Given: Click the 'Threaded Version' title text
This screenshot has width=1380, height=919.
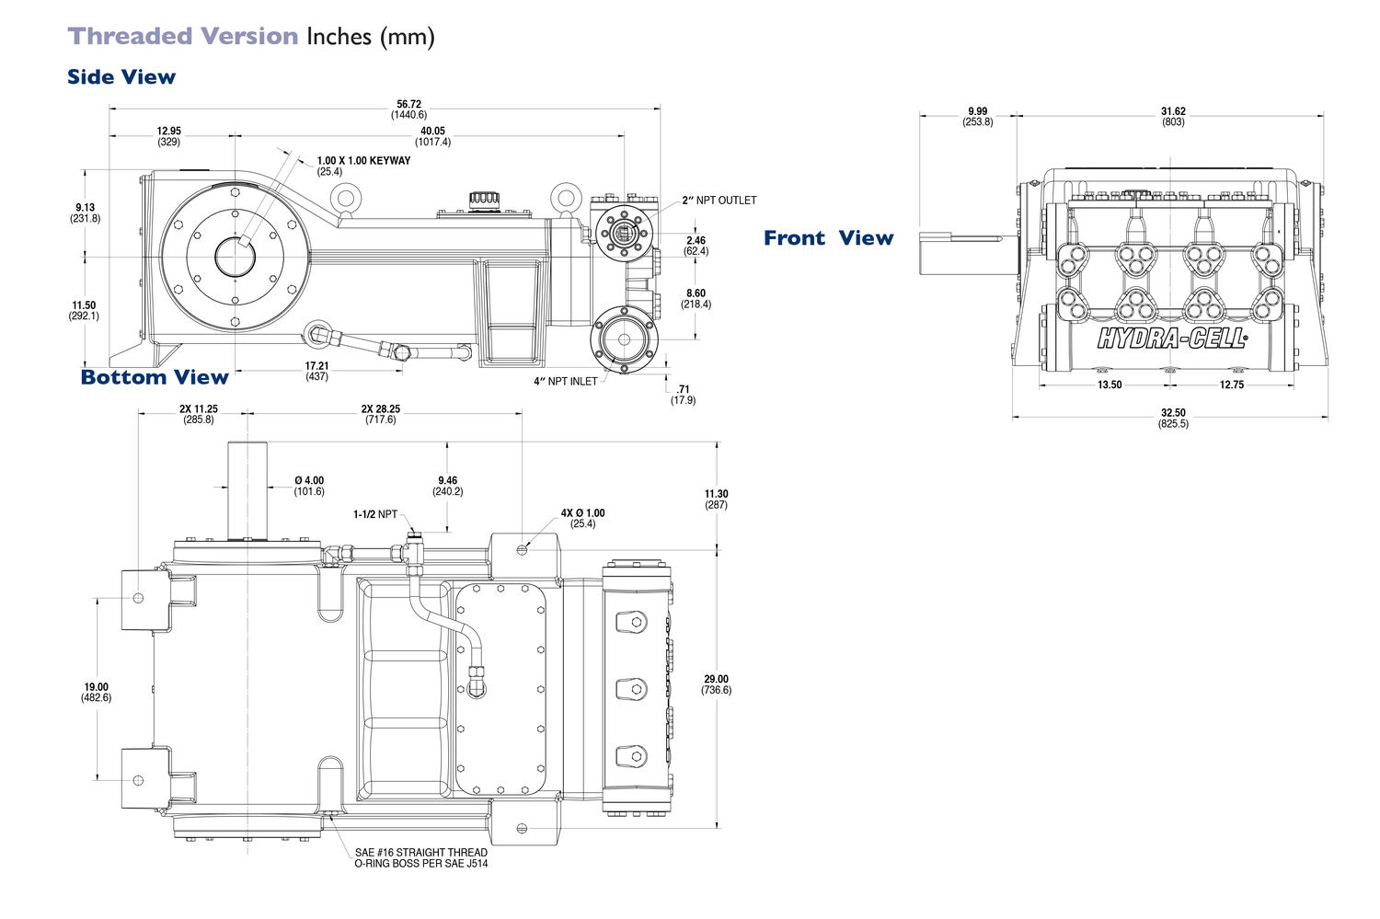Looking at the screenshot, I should click(x=183, y=37).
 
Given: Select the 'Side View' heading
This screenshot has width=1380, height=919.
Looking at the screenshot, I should click(x=121, y=77).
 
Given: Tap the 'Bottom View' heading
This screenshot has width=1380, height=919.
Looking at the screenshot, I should click(x=154, y=377).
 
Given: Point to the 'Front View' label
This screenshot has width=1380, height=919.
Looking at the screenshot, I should click(x=828, y=238).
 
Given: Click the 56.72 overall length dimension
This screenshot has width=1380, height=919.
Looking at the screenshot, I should click(x=408, y=105).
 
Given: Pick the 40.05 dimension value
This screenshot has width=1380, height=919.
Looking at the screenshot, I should click(x=432, y=132).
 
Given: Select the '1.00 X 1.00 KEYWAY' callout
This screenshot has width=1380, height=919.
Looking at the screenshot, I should click(x=363, y=161).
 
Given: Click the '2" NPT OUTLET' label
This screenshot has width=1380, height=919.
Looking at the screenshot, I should click(x=719, y=201).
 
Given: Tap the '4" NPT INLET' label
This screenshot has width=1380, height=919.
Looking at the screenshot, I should click(x=565, y=381).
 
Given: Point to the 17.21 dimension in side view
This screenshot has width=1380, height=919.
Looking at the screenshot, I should click(x=316, y=366).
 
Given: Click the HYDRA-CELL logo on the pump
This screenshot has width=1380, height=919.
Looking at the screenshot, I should click(x=1172, y=339).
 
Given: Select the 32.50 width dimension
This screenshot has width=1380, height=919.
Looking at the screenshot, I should click(x=1173, y=413).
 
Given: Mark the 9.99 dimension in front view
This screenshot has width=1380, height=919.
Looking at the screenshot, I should click(x=977, y=112).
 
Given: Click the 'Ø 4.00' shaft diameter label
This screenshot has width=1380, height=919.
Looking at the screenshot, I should click(x=309, y=481).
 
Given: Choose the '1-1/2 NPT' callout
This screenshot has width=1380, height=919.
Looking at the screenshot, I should click(x=375, y=514).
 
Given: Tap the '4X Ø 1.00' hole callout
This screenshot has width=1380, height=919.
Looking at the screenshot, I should click(x=582, y=513).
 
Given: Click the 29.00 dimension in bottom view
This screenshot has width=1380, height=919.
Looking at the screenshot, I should click(x=716, y=680).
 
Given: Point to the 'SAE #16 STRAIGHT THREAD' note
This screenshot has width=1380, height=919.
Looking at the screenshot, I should click(x=420, y=853).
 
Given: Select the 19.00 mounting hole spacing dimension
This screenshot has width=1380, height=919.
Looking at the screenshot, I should click(x=96, y=687).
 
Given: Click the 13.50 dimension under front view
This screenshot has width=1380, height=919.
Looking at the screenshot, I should click(x=1110, y=385).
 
